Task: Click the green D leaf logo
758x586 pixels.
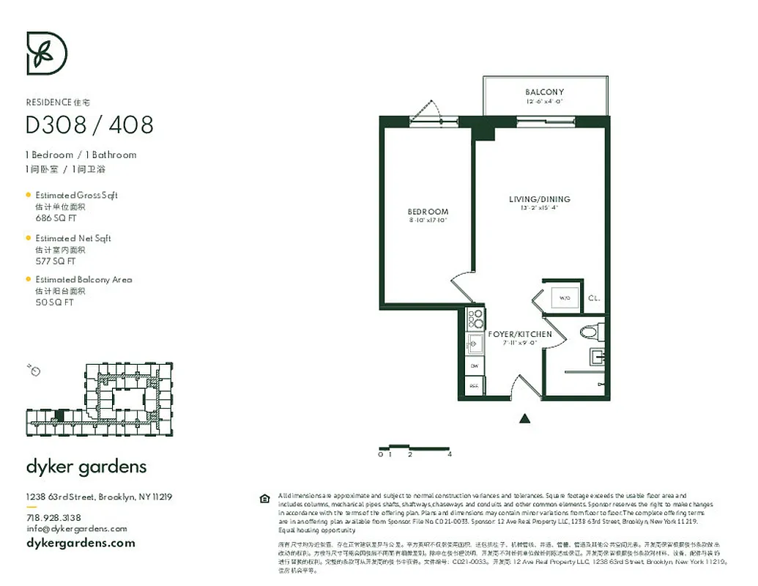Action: (x=47, y=53)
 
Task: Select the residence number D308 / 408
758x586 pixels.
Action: (x=89, y=125)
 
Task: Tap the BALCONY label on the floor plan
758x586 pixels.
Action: (x=544, y=92)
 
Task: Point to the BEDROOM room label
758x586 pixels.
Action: (x=428, y=212)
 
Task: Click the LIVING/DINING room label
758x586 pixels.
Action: (x=539, y=199)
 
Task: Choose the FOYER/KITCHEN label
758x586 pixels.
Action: (x=520, y=335)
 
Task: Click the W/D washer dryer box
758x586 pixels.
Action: (x=564, y=298)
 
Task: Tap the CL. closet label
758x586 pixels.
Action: (x=594, y=298)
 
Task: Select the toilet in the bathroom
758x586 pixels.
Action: (x=591, y=333)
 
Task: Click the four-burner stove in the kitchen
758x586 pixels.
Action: (x=475, y=319)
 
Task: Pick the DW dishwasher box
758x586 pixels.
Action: (x=475, y=365)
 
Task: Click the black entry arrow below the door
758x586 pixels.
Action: (x=524, y=419)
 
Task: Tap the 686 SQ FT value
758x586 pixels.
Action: (x=56, y=218)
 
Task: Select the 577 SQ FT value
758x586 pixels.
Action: (x=56, y=261)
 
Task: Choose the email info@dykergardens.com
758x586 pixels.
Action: (x=76, y=528)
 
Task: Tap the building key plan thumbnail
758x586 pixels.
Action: (x=99, y=401)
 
